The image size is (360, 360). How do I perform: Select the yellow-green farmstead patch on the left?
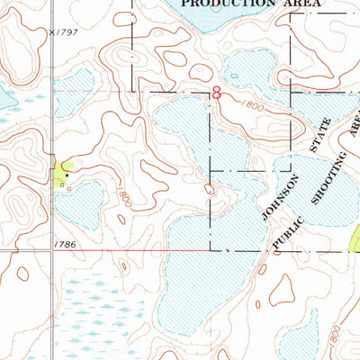pyautogui.click(x=63, y=170)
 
